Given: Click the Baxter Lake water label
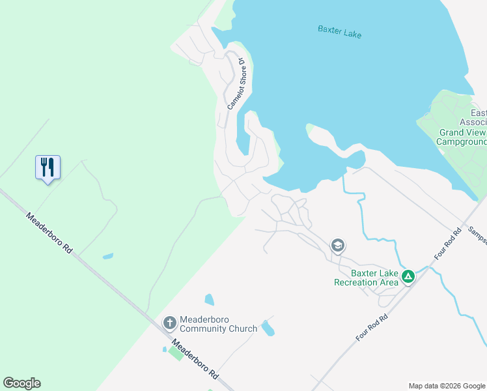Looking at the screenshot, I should coord(339,31).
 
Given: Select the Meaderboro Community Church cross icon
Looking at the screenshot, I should coord(169,322).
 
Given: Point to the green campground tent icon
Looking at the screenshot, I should coord(408,276).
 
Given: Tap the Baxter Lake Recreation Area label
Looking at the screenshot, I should coord(365,278).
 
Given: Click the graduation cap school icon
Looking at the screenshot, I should coord(337,246).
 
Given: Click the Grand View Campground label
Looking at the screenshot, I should coord(461,137).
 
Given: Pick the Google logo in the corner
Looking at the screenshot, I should coord(21,383).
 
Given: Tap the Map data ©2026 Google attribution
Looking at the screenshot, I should coord(447,386).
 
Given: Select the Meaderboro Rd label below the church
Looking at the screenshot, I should coord(195,359).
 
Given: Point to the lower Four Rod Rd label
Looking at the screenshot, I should coord(372,327).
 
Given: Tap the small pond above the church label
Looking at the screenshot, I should coord(209,300).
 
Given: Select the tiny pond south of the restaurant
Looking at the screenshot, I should coord(107,256).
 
